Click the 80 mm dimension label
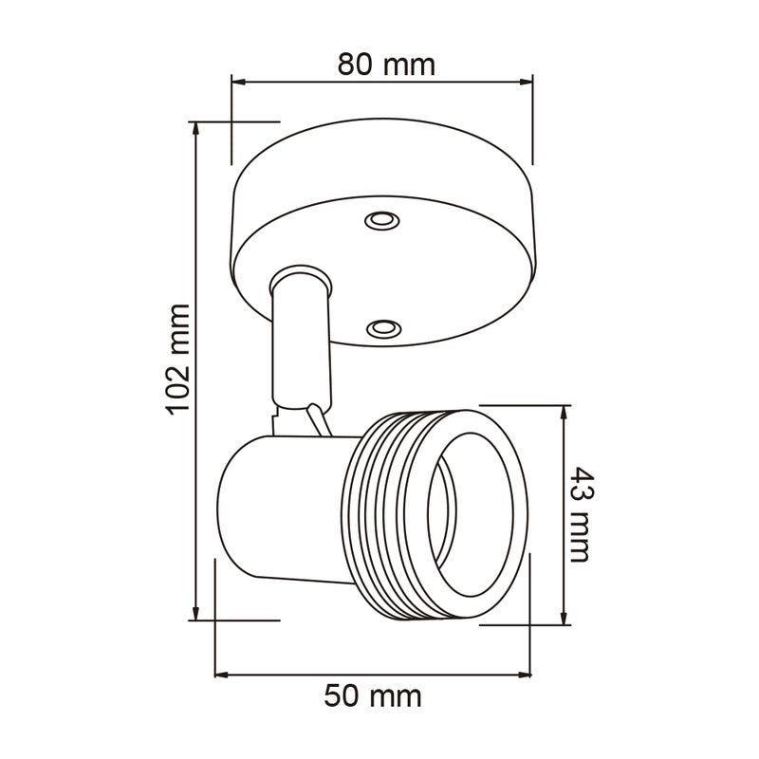coord(386,65)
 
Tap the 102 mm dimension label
coord(178,360)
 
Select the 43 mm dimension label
coord(579,514)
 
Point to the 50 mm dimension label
coord(373,696)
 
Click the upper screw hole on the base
coord(382,220)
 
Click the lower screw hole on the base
coord(384,328)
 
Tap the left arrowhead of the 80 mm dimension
coord(238,82)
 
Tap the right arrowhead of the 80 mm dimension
coord(526,82)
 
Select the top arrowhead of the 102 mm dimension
coord(196,129)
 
